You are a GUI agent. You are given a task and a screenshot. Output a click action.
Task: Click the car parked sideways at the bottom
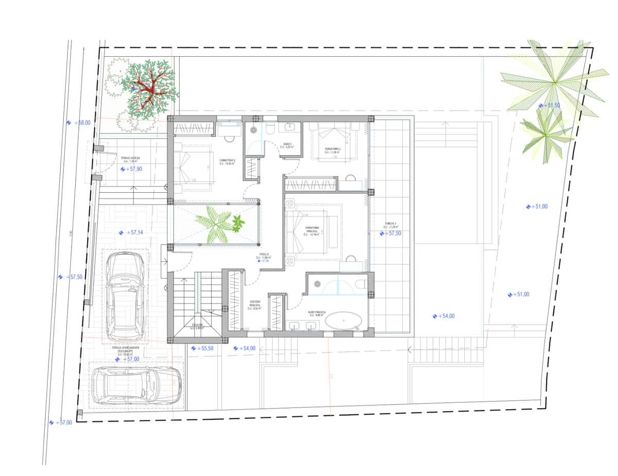(135, 385)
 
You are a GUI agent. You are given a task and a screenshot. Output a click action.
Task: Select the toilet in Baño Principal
(363, 284)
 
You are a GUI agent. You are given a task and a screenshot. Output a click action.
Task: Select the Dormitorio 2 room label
(227, 162)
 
